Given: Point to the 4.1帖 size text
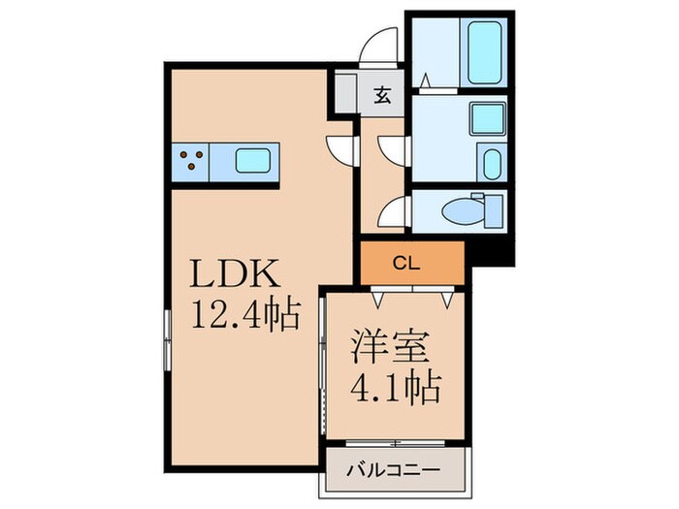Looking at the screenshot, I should pyautogui.click(x=395, y=388).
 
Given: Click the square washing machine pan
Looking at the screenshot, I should pyautogui.click(x=483, y=119).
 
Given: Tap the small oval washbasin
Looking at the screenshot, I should pyautogui.click(x=490, y=163).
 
